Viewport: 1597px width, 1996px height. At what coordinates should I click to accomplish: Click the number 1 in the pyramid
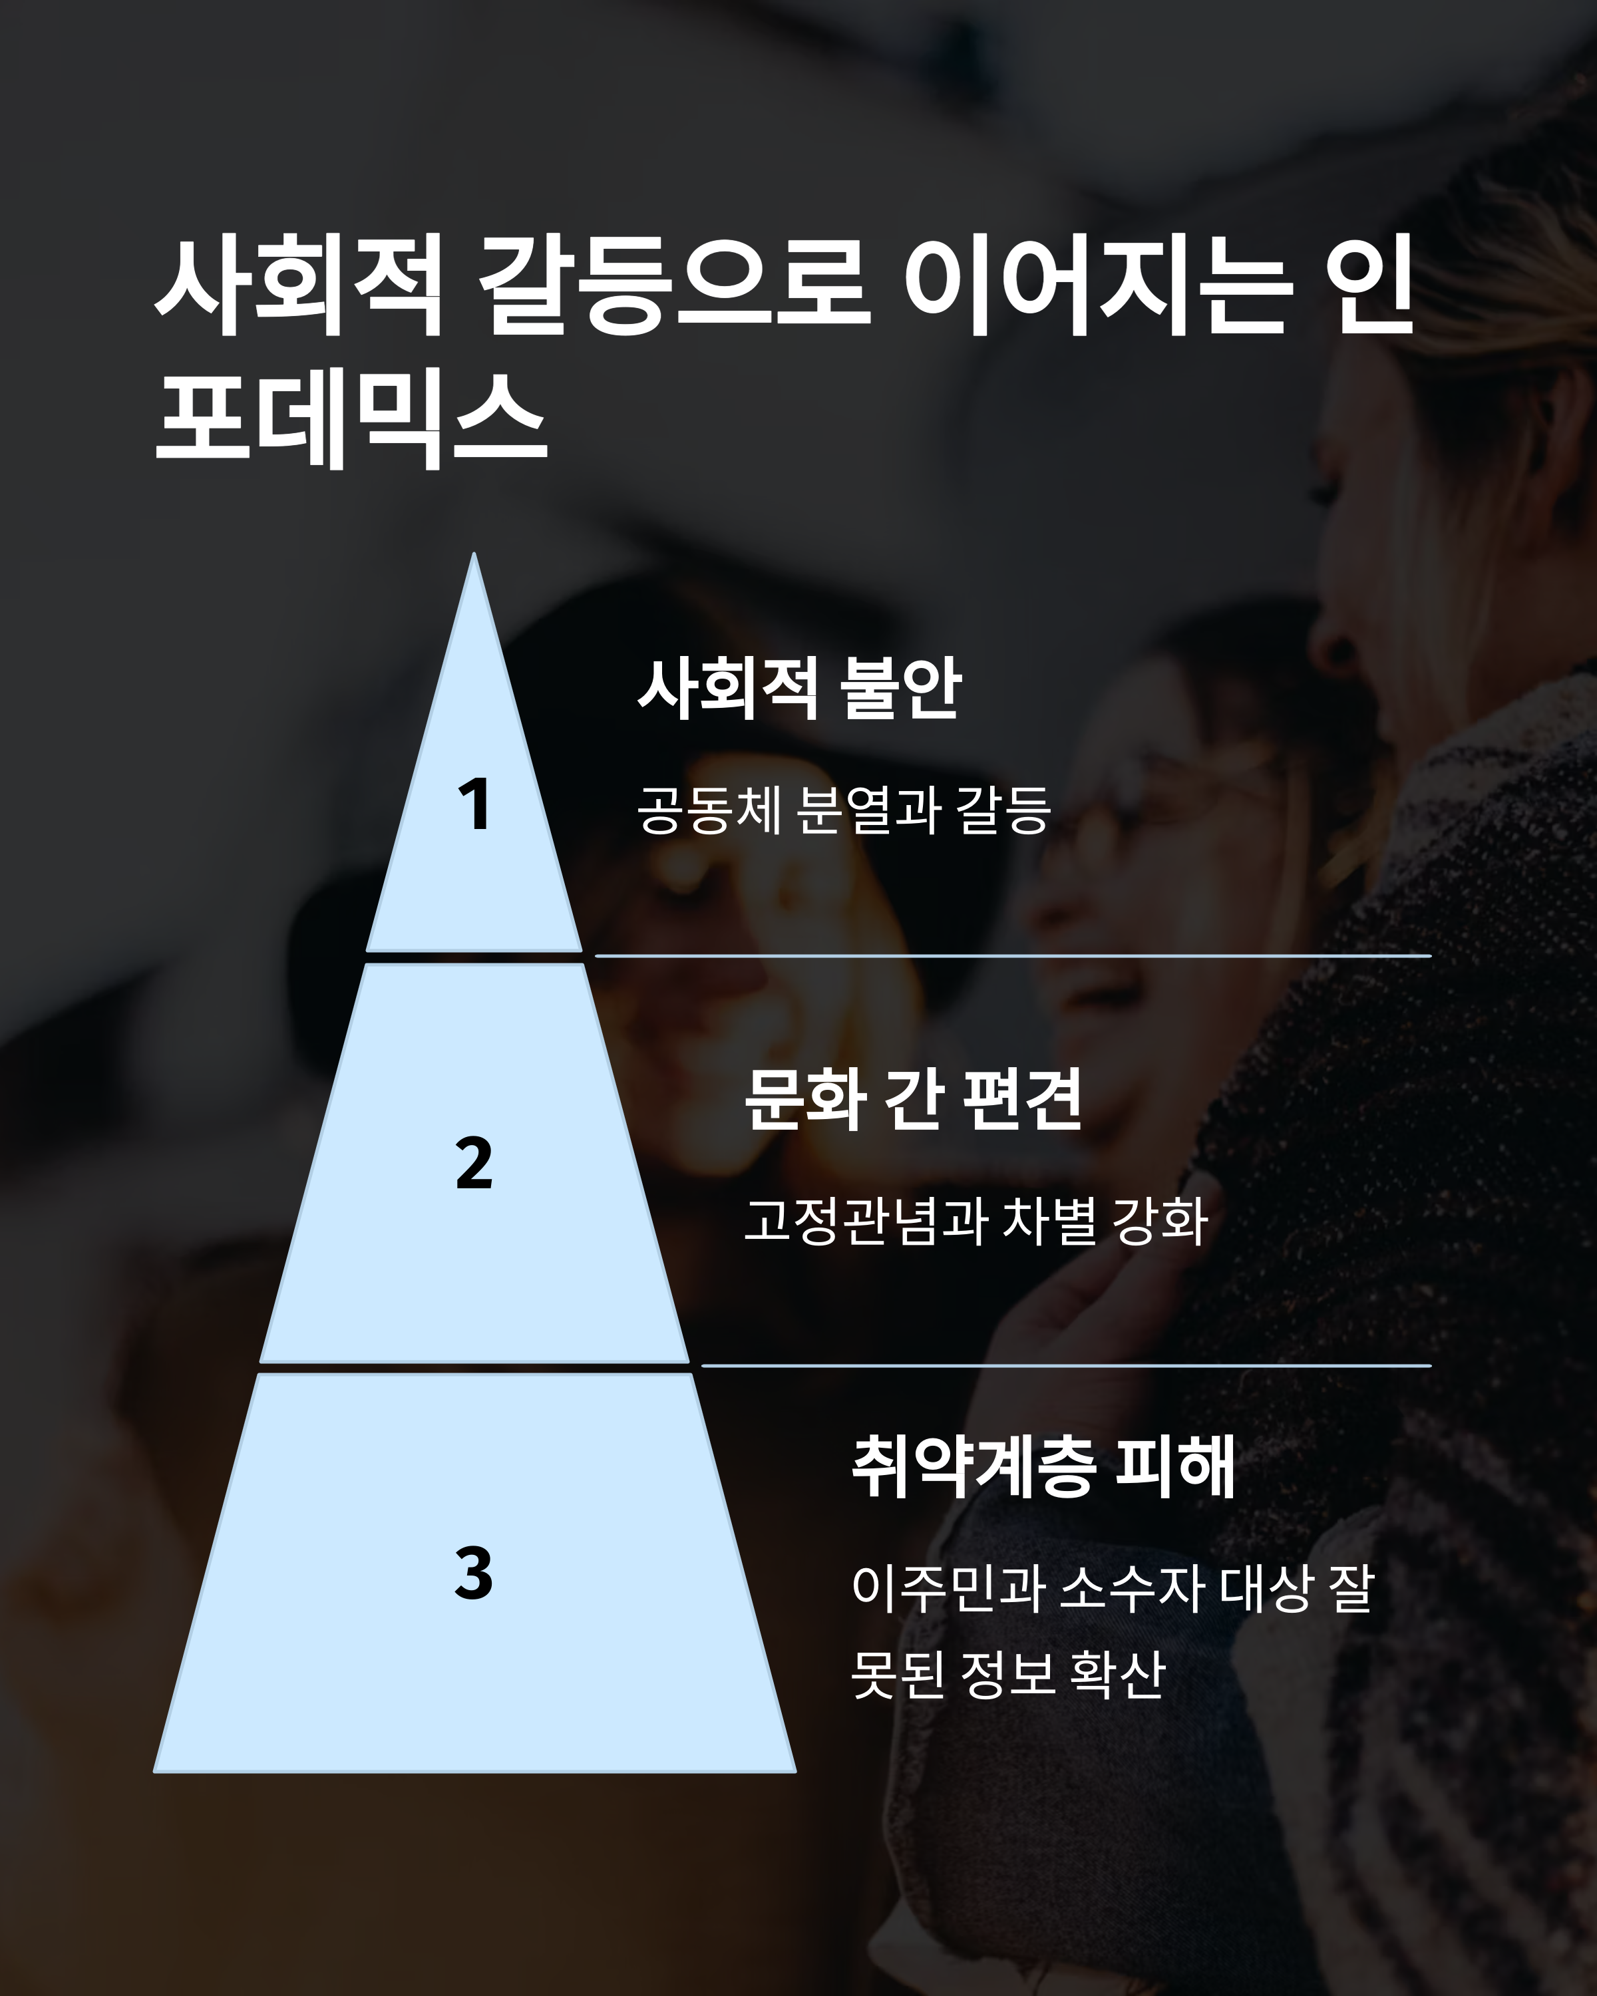point(474,804)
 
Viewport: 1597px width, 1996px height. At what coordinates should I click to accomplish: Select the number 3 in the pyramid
point(474,1573)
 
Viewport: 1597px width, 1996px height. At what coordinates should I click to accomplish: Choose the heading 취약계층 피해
point(1043,1466)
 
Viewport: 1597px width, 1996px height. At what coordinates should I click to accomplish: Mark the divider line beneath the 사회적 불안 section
point(1013,955)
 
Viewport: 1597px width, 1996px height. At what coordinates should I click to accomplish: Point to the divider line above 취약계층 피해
point(1065,1365)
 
